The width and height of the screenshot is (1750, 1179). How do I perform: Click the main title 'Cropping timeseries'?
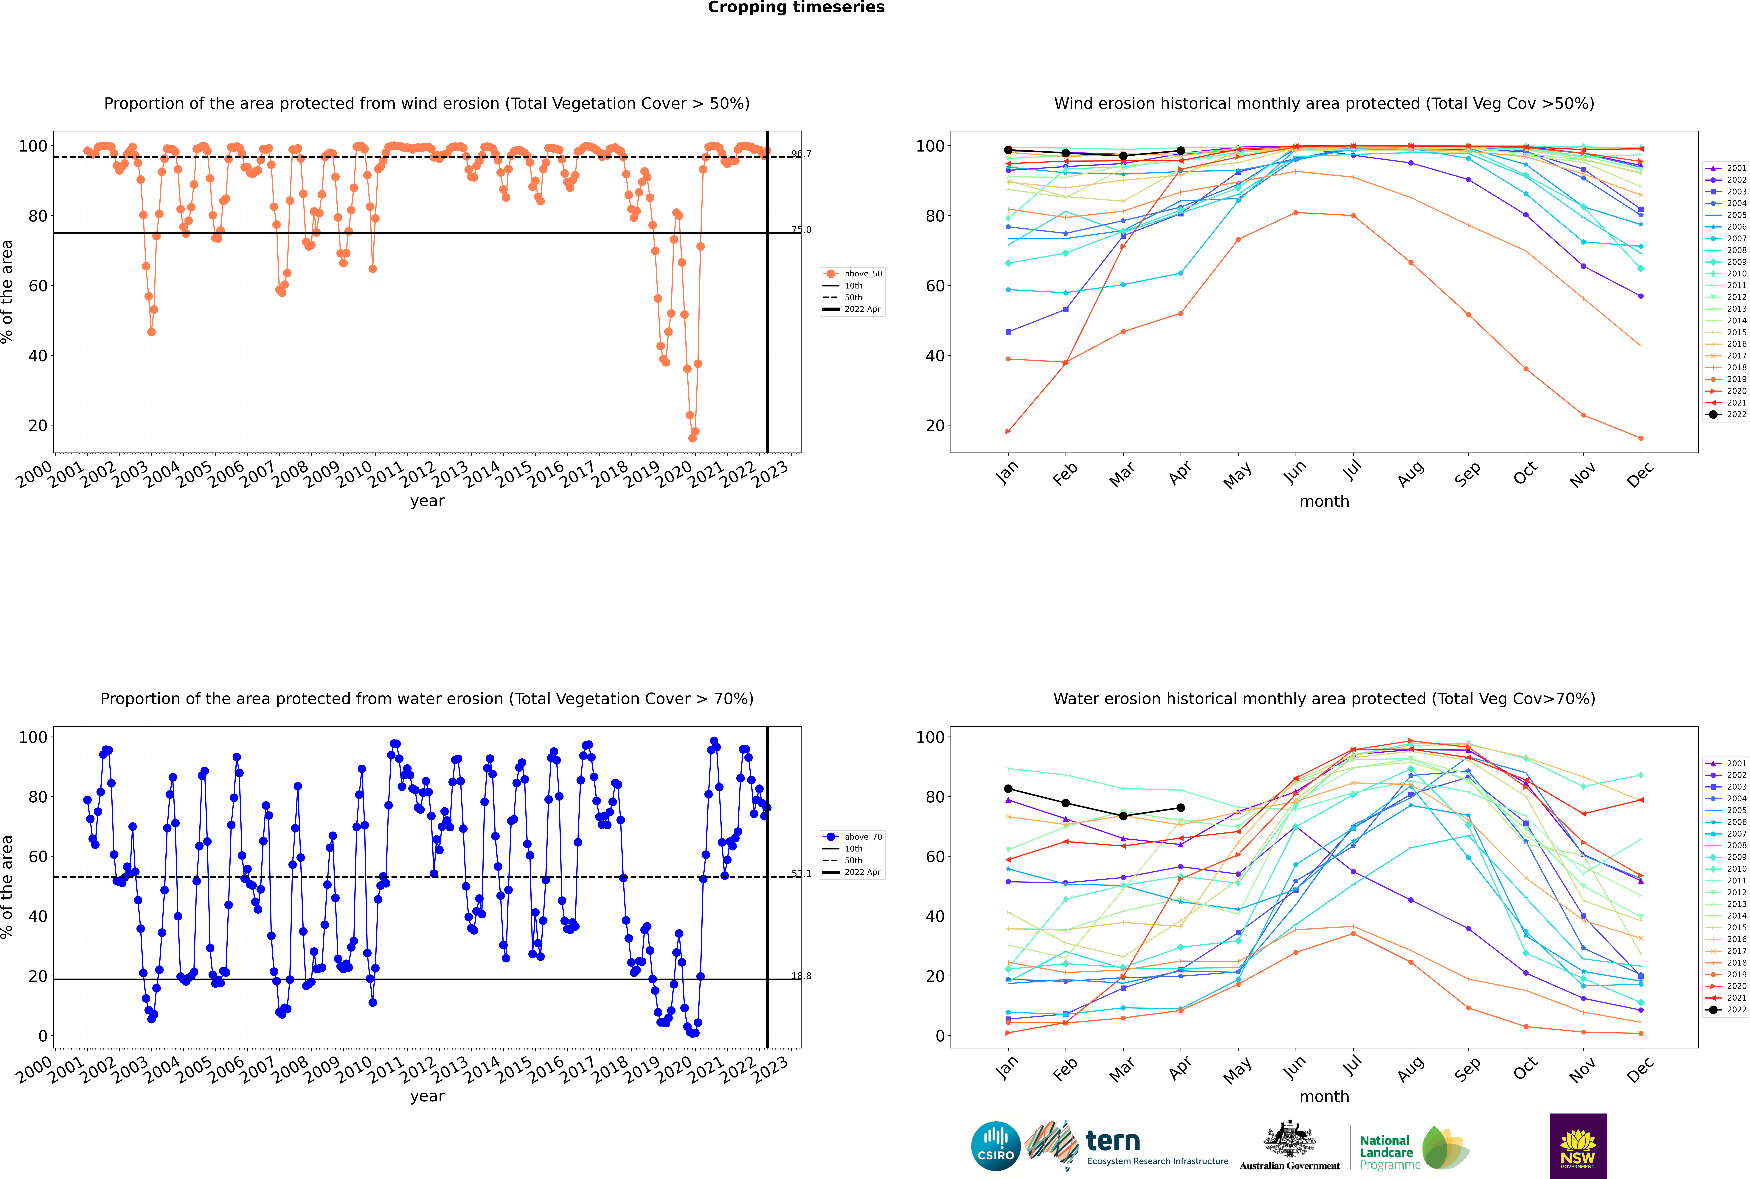click(796, 7)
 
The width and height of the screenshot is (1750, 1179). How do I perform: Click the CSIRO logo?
click(995, 1146)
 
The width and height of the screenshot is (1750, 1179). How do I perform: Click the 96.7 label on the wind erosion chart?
click(801, 154)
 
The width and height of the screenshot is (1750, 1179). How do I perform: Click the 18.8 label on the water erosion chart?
click(801, 976)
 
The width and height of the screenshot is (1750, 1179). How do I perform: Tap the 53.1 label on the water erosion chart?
click(801, 874)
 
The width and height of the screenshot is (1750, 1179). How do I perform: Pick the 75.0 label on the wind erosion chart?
click(801, 230)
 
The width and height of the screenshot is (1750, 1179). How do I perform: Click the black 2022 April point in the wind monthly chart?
click(1181, 151)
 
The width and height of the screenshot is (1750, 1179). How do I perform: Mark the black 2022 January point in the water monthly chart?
click(1008, 789)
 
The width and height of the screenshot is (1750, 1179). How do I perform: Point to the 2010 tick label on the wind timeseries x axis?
click(354, 474)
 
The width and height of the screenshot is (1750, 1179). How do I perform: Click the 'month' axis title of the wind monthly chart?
click(1324, 502)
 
